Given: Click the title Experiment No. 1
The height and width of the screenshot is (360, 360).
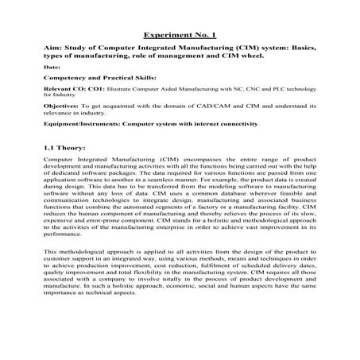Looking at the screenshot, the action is tap(180, 35).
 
